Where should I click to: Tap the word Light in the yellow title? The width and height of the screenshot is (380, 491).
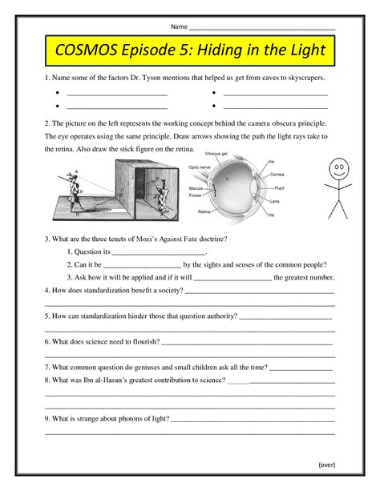tap(304, 51)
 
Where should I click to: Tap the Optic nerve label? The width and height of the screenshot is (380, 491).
tap(199, 167)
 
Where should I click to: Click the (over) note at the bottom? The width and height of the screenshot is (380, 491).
tap(326, 464)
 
